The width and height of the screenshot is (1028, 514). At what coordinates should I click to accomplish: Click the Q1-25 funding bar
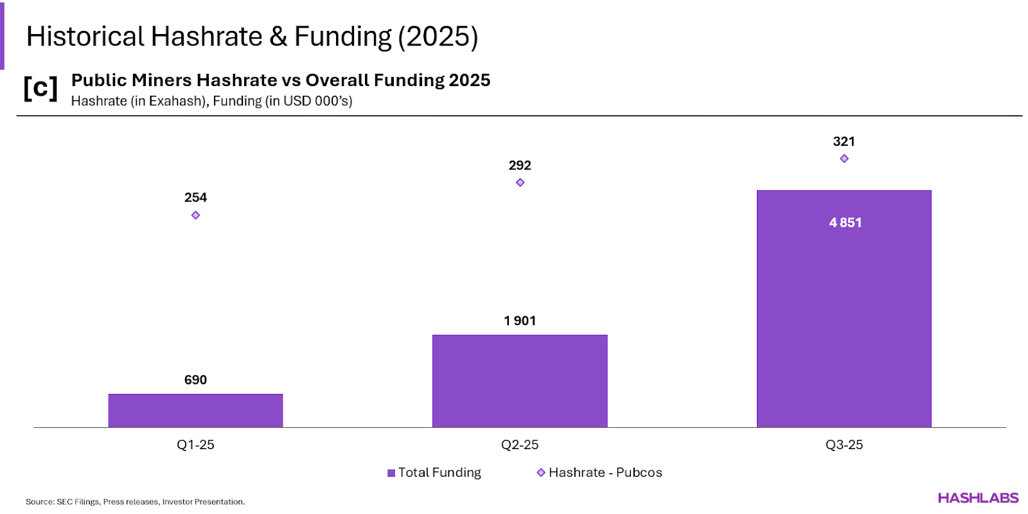pos(195,411)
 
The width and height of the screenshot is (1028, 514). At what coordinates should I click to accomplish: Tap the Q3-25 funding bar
pos(844,308)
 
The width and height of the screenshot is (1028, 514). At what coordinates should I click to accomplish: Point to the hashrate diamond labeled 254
pos(195,215)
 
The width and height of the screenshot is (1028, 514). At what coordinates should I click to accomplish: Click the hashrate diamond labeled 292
pos(520,182)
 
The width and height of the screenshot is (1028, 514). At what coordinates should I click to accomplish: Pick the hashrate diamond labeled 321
pos(844,159)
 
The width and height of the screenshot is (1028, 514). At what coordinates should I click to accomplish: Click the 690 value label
pos(195,380)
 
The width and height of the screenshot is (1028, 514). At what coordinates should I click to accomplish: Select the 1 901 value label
pos(520,321)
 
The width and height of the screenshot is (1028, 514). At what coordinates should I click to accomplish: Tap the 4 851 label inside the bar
pos(845,222)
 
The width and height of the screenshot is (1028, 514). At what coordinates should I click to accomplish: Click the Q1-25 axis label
pos(195,445)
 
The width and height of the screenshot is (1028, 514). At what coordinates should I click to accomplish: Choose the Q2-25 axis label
pos(520,445)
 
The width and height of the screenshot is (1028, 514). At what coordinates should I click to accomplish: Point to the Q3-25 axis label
pos(844,445)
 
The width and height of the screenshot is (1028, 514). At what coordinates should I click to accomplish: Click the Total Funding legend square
pos(391,473)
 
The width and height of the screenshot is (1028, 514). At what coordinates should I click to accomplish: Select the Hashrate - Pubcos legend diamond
pos(541,472)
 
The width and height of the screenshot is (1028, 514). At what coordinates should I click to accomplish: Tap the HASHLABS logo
pos(978,498)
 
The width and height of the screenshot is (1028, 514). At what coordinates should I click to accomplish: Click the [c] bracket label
pos(40,88)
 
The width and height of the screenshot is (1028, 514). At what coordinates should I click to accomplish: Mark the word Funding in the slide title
pos(342,37)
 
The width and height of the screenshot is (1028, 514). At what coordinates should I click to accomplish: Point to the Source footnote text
pos(135,502)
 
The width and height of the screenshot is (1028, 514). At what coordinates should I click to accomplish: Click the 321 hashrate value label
pos(844,141)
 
